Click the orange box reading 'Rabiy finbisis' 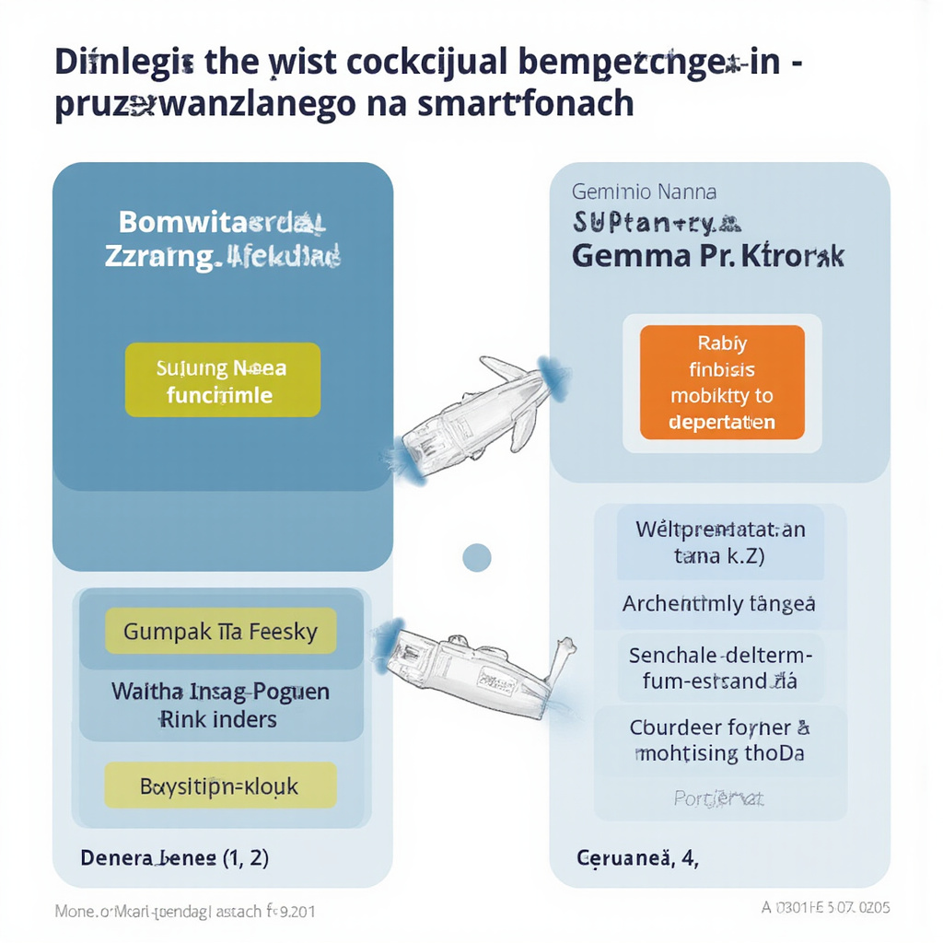(722, 382)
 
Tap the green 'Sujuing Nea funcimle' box (222, 381)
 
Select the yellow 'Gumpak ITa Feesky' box (220, 632)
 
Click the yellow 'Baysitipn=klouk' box (220, 786)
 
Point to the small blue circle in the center (476, 557)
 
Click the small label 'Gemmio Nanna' (644, 192)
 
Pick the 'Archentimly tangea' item (718, 604)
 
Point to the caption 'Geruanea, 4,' (636, 858)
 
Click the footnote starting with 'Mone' (185, 912)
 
